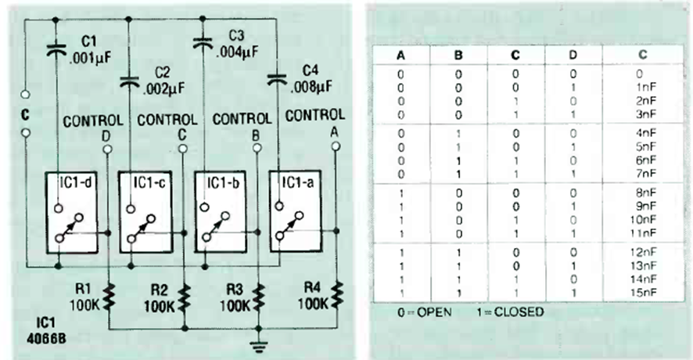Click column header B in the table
tap(459, 56)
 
